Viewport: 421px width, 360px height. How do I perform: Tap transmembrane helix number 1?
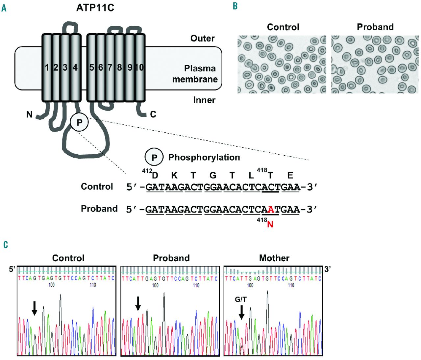pyautogui.click(x=47, y=67)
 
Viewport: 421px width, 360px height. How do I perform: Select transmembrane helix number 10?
pyautogui.click(x=139, y=67)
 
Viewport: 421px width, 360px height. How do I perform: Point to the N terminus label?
pyautogui.click(x=29, y=115)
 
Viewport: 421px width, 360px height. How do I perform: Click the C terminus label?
pyautogui.click(x=153, y=114)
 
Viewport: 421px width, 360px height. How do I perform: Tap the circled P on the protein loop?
pyautogui.click(x=79, y=122)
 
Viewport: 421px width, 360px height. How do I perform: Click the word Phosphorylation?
pyautogui.click(x=204, y=157)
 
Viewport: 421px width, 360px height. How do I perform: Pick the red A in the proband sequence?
pyautogui.click(x=271, y=209)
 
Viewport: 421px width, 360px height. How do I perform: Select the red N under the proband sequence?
pyautogui.click(x=270, y=224)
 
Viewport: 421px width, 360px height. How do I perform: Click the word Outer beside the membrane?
pyautogui.click(x=202, y=39)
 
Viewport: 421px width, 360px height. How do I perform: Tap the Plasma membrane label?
pyautogui.click(x=195, y=74)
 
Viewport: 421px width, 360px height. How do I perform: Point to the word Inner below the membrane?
pyautogui.click(x=204, y=100)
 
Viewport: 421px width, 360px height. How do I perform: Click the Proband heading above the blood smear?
pyautogui.click(x=375, y=27)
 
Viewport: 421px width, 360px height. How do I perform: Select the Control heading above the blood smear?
pyautogui.click(x=283, y=27)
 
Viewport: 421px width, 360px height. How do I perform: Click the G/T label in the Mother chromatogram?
pyautogui.click(x=241, y=299)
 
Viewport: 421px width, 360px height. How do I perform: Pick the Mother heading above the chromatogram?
pyautogui.click(x=274, y=258)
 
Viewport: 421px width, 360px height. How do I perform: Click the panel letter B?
pyautogui.click(x=235, y=6)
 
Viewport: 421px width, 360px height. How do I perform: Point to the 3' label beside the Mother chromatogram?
pyautogui.click(x=328, y=269)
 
